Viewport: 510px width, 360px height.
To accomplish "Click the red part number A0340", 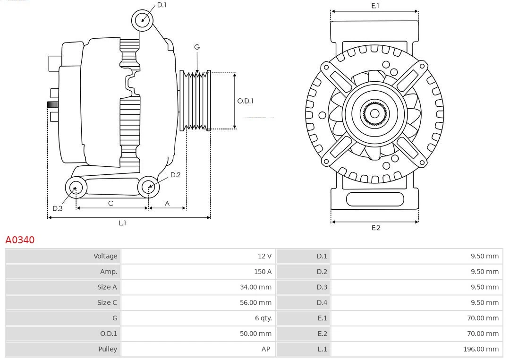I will (20, 240).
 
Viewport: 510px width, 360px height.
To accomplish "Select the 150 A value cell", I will (263, 272).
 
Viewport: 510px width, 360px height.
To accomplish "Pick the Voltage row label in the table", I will (105, 256).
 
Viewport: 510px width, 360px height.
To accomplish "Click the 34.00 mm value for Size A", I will (255, 287).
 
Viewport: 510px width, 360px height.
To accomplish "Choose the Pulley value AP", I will (266, 349).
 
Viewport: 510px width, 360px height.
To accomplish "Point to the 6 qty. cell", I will (263, 318).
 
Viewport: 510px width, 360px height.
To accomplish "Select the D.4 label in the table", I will (322, 302).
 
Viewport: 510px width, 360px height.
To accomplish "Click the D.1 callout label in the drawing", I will (161, 5).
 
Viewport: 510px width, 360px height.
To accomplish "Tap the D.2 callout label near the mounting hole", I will (175, 175).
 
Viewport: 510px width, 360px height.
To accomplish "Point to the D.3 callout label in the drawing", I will (57, 208).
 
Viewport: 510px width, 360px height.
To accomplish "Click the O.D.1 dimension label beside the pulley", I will (245, 101).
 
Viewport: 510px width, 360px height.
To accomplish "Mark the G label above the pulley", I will (197, 47).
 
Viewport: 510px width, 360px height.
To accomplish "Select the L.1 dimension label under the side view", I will (122, 223).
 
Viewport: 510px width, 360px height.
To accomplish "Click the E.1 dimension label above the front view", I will (375, 6).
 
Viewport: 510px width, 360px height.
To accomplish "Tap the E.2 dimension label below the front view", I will (375, 228).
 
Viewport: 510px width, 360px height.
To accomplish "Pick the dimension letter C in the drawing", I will (110, 203).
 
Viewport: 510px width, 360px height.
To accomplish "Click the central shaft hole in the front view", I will (374, 114).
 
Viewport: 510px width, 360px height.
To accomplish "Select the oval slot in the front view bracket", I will (374, 199).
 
